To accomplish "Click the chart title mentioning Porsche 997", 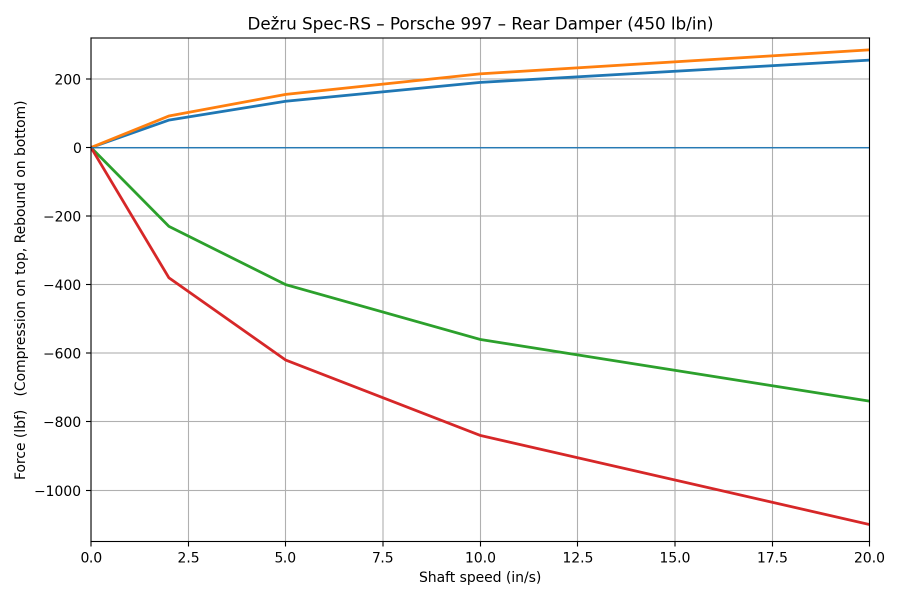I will coord(480,24).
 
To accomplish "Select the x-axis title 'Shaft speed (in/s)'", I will coord(480,577).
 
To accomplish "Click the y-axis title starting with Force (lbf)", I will coord(20,290).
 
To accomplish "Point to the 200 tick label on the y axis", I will coord(70,79).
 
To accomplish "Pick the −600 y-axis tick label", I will coord(62,353).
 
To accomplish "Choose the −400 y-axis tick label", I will coord(62,285).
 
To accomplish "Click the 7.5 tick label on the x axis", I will coord(382,557).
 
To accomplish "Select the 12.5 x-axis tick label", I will coord(577,557).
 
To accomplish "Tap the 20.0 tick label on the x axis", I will coord(869,557).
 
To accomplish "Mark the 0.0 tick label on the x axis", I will coord(91,557).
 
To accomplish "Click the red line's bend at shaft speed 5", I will coord(285,360).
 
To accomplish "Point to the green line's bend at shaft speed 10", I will coord(480,339).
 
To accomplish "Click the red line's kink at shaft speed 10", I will coord(480,435).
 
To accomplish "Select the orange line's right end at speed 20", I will coord(868,50).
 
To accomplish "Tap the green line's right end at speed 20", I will coord(868,401).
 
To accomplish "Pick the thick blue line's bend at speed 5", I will coord(285,101).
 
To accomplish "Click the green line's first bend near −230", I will coord(169,226).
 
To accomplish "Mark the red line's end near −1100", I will coord(868,524).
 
